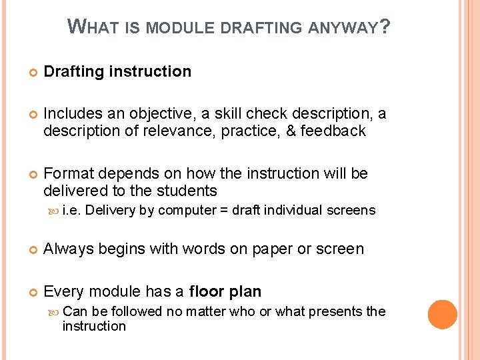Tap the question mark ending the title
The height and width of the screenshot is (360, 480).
[385, 27]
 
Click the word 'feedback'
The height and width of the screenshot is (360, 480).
[333, 131]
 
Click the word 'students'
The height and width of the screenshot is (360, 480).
[188, 191]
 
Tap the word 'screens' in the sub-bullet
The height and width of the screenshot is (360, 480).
[353, 211]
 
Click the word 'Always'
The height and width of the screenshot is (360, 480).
[68, 249]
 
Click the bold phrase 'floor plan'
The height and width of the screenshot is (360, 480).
[225, 291]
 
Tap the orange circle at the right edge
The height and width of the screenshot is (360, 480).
[443, 315]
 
